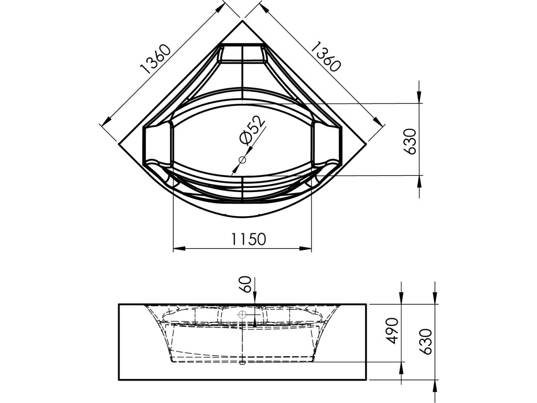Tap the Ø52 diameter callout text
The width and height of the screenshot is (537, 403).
click(x=252, y=130)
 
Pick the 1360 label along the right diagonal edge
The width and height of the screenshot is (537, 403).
click(x=326, y=56)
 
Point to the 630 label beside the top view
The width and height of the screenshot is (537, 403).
click(x=410, y=140)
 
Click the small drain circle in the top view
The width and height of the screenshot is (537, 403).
click(x=242, y=160)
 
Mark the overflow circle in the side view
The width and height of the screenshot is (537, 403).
click(x=242, y=315)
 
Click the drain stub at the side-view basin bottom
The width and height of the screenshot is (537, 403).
click(x=242, y=362)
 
